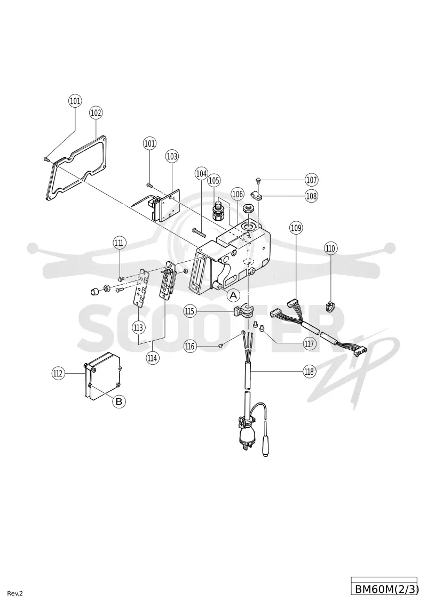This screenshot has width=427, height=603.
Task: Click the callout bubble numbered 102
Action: click(x=96, y=112)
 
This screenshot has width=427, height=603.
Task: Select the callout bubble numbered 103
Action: click(x=172, y=156)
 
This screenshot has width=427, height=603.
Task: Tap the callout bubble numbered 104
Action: click(x=201, y=174)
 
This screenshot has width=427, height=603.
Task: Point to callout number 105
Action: click(x=214, y=180)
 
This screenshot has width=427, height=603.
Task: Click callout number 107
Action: click(x=312, y=180)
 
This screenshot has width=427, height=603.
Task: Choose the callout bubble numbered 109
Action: click(x=296, y=228)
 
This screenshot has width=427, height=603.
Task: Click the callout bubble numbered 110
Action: click(x=330, y=248)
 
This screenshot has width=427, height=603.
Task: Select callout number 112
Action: click(x=58, y=373)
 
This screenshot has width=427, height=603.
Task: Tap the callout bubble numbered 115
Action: click(x=189, y=311)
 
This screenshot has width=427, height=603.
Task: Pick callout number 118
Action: click(x=309, y=372)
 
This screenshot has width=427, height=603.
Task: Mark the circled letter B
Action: click(x=119, y=401)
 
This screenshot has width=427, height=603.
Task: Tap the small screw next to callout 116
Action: click(x=220, y=345)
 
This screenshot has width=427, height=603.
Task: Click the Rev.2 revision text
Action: click(x=15, y=593)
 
